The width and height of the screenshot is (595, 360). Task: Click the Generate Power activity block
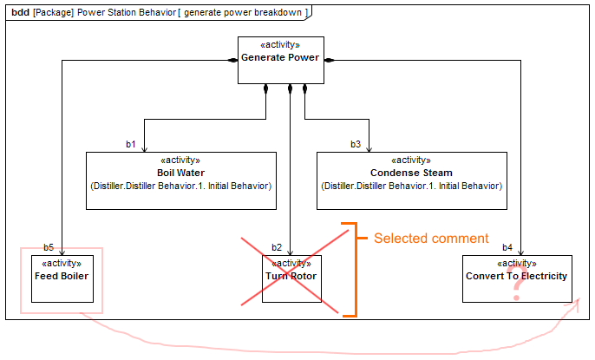coord(281,60)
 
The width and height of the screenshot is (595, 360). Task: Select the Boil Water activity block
coord(180,180)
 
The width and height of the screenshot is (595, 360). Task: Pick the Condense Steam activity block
coord(411,180)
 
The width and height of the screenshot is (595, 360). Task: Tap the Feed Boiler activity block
coord(62,278)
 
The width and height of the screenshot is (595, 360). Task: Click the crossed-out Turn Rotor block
coord(291,278)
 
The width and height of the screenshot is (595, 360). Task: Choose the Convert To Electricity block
coord(517,278)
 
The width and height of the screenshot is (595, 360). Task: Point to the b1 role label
coord(131,144)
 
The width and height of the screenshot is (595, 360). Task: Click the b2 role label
coord(277,247)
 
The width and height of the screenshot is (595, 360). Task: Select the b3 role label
coord(356,144)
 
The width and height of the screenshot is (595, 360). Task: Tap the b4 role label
coord(507,247)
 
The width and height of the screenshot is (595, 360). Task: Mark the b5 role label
coord(49,247)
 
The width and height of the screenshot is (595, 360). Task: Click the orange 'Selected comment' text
coord(431,239)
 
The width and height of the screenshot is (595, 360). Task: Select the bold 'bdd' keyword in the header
coord(21,11)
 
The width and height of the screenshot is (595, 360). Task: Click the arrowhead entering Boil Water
coord(144,148)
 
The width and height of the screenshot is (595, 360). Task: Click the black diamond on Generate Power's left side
coord(232,60)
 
